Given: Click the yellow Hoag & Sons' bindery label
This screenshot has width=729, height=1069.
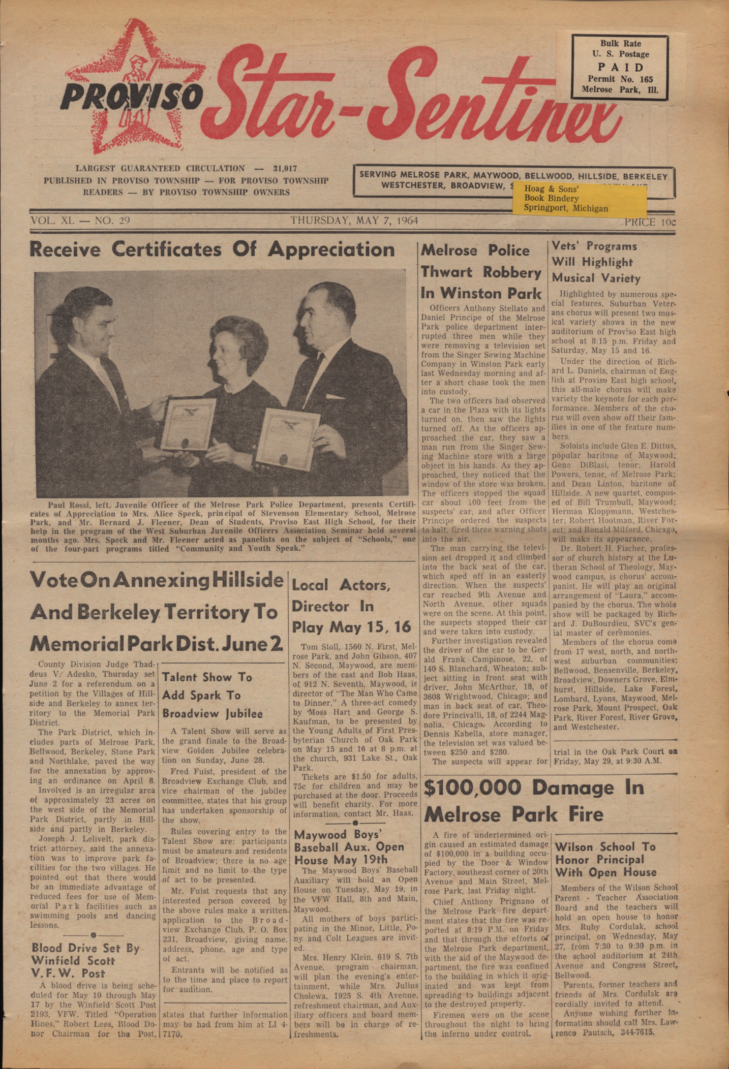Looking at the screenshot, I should click(x=580, y=199).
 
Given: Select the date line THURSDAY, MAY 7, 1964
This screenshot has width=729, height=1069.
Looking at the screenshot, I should click(x=354, y=221).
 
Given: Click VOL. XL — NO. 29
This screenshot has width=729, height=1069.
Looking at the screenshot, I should click(x=80, y=221).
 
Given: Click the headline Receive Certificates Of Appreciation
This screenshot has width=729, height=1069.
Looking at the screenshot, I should click(x=212, y=249).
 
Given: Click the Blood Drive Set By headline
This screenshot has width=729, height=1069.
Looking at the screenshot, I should click(x=85, y=960).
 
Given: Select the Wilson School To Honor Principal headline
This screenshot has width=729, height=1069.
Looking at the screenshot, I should click(x=605, y=860).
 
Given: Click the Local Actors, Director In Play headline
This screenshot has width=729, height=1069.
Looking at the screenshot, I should click(x=351, y=606).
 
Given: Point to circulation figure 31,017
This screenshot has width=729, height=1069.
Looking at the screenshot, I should click(x=285, y=168).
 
